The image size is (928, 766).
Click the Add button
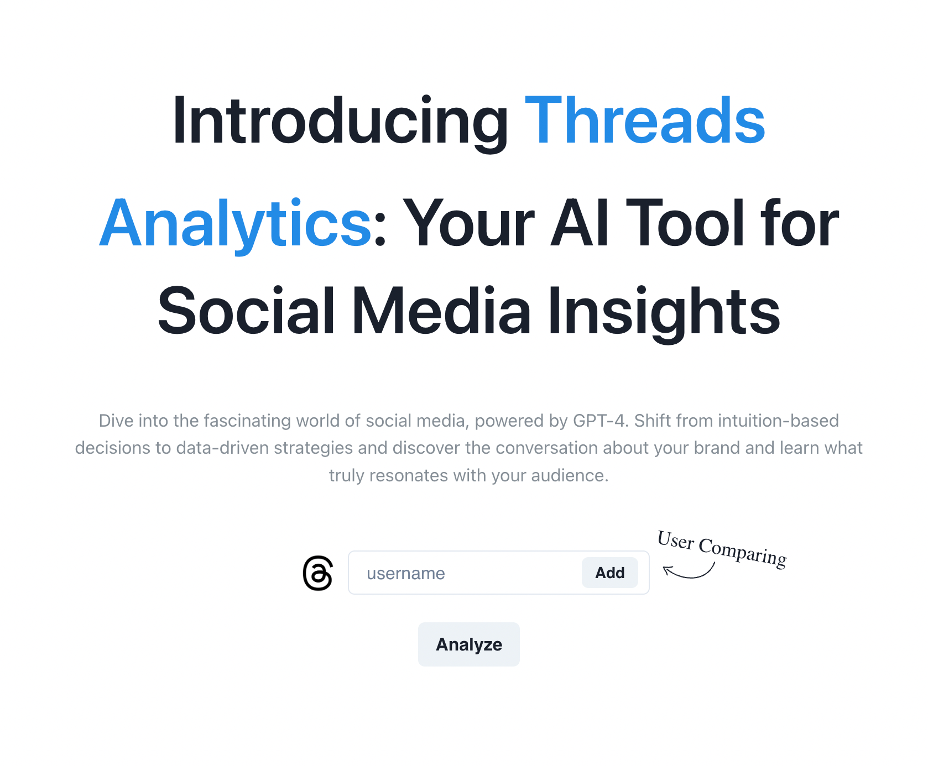(x=609, y=573)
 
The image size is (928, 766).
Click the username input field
(x=465, y=573)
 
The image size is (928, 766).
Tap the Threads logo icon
(x=318, y=573)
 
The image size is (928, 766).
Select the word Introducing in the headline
(x=340, y=121)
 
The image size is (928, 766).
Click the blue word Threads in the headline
(x=645, y=120)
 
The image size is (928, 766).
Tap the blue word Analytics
(x=236, y=223)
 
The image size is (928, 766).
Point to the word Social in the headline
(x=246, y=311)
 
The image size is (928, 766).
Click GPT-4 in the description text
(x=599, y=421)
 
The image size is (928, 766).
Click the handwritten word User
(x=676, y=540)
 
